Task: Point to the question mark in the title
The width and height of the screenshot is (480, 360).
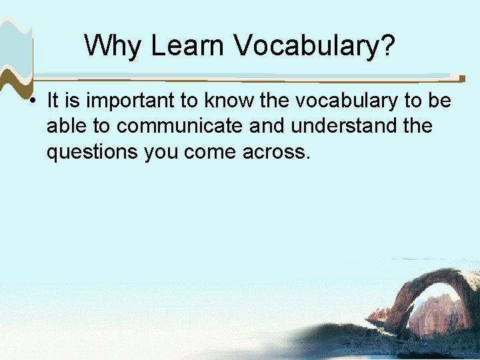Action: coord(387,45)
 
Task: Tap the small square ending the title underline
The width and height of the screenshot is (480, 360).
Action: coord(462,77)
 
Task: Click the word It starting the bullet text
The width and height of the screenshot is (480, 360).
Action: coord(53,101)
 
